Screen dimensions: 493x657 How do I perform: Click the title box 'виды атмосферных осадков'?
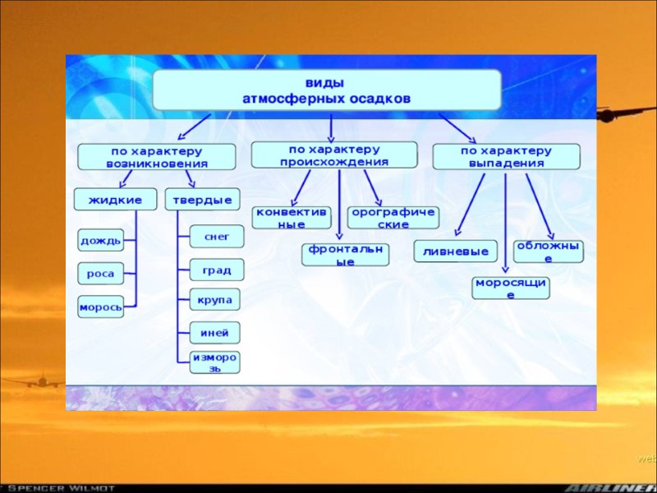(324, 90)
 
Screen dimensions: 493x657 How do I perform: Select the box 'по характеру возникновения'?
(157, 157)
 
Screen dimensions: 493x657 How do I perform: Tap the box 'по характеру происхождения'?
(333, 155)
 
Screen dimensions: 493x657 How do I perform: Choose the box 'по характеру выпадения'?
(506, 156)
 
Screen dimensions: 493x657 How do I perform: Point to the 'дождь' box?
(101, 241)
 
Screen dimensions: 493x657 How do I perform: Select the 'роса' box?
(101, 274)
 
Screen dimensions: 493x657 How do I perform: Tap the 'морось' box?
(101, 307)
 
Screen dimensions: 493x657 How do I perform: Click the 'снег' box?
(217, 237)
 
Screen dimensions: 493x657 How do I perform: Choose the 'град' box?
(217, 269)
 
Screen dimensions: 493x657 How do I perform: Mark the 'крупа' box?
(217, 299)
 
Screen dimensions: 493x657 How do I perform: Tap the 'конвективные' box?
(292, 217)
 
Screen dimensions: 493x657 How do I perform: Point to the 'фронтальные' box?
(346, 255)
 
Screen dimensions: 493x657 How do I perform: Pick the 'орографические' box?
(393, 217)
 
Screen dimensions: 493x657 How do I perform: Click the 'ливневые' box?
(456, 251)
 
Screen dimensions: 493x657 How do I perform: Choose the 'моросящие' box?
(511, 288)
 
